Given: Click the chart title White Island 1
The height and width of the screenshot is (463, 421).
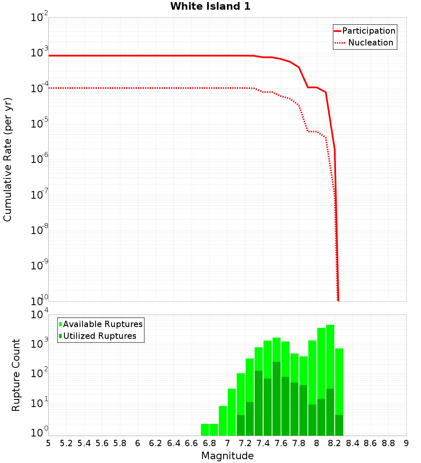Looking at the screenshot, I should pos(210,6).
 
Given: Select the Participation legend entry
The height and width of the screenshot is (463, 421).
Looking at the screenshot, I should pos(368,31).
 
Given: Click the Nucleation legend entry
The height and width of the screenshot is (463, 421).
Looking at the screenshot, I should pos(370,43).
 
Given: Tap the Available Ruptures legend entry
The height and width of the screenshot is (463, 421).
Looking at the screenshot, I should pos(102,324).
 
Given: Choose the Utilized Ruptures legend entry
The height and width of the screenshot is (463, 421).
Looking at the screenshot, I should pos(99,336).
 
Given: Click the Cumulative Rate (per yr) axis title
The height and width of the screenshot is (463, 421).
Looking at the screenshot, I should pos(8,160).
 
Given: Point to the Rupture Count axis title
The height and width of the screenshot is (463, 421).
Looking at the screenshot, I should pos(16,375).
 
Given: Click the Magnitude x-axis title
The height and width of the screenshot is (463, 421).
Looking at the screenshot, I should pos(227,456).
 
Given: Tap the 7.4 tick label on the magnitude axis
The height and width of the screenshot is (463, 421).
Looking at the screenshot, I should pos(263,443).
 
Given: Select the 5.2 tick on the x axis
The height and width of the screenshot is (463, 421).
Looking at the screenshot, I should pos(66,443).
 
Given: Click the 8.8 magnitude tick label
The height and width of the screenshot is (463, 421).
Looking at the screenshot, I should pos(388,443).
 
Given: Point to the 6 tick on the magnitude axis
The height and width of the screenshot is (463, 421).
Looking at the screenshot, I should pos(138,443).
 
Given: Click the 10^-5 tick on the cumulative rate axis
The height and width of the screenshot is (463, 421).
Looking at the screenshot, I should pos(40,124).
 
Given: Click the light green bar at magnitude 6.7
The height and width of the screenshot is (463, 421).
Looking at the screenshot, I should pos(205,430).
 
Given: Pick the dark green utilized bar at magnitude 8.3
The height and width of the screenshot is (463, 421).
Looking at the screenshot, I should pos(339,425).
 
